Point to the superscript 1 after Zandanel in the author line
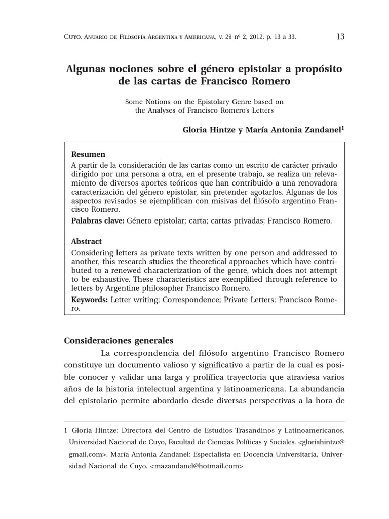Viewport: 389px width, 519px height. [x=343, y=128]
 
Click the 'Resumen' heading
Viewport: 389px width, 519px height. [x=89, y=154]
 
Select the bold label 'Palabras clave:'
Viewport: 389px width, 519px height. [x=97, y=220]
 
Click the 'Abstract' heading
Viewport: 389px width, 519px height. [x=87, y=242]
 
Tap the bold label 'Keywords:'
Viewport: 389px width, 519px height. [x=90, y=300]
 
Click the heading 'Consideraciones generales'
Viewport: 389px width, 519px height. [x=119, y=340]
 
